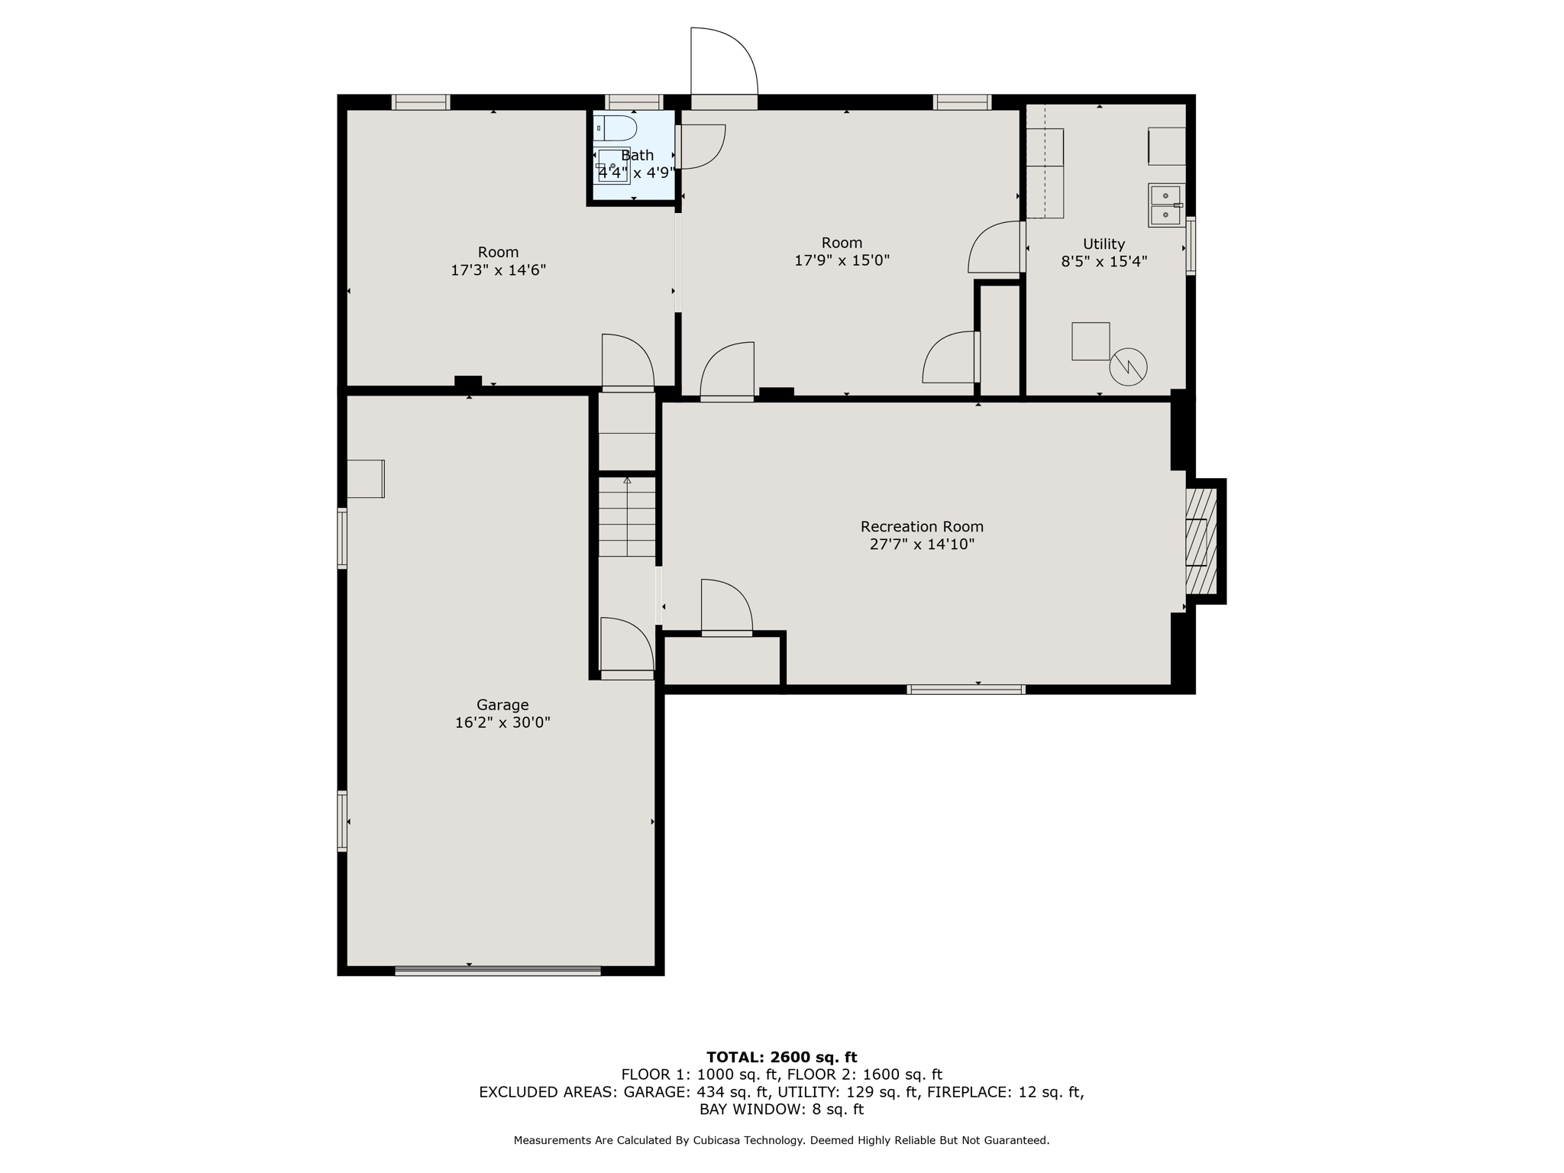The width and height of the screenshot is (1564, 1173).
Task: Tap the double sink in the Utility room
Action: (x=1165, y=205)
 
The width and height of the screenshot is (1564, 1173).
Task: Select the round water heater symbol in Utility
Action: (x=1128, y=367)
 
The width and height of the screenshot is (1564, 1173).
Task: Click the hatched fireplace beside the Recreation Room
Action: (x=1200, y=541)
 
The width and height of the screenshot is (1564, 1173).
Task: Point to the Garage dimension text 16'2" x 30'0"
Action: (x=502, y=722)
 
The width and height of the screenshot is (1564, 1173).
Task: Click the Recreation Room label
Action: (x=922, y=526)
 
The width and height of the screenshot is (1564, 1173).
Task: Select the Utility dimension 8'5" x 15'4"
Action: (x=1104, y=261)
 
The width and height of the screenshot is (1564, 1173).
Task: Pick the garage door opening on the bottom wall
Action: (x=497, y=971)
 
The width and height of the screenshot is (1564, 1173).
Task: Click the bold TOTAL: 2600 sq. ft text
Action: (x=781, y=1057)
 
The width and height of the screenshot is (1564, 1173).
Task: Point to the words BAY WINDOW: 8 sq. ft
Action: (x=781, y=1109)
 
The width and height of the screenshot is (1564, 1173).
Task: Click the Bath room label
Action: (x=637, y=155)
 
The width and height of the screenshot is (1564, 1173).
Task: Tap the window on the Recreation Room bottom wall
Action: (x=965, y=690)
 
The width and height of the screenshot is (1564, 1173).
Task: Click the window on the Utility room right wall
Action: (x=1190, y=246)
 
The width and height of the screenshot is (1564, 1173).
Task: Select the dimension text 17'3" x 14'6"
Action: (x=498, y=270)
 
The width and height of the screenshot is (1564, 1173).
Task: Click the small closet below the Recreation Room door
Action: (x=722, y=661)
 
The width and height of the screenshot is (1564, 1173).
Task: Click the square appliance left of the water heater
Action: (x=1090, y=341)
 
